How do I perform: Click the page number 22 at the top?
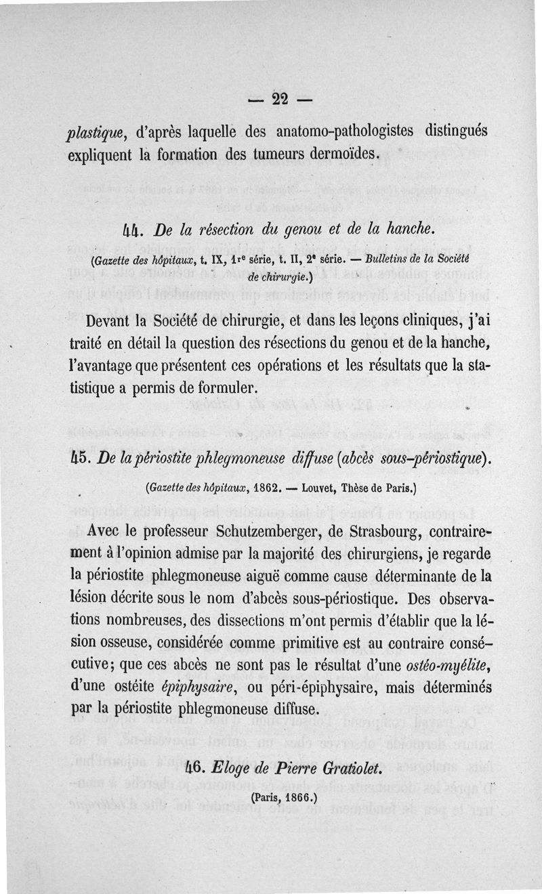pyautogui.click(x=280, y=99)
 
